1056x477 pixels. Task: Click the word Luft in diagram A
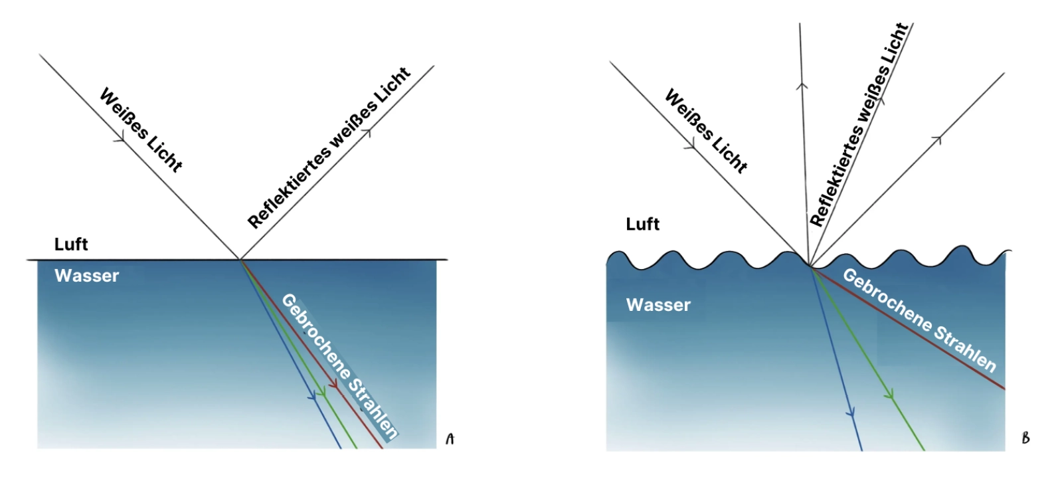[x=71, y=244]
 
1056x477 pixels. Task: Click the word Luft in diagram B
[x=642, y=225]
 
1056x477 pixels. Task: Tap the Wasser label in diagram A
[x=86, y=276]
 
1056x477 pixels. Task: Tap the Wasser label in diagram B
[x=658, y=305]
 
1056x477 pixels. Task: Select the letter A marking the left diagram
[x=450, y=439]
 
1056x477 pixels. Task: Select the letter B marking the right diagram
[x=1025, y=438]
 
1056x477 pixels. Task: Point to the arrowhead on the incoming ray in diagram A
[x=120, y=138]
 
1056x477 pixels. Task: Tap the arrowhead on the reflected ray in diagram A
[x=367, y=132]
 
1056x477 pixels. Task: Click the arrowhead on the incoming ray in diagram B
[x=691, y=144]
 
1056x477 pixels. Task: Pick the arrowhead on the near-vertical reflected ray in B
[x=802, y=85]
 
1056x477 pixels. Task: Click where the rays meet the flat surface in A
[x=239, y=259]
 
